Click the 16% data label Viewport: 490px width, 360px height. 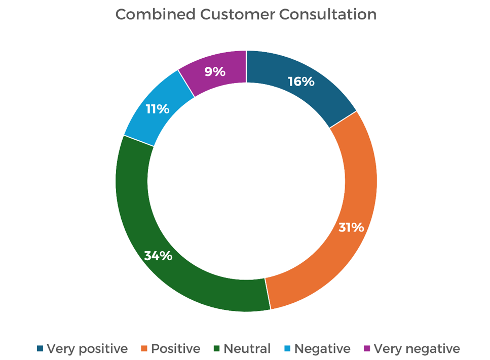pos(301,81)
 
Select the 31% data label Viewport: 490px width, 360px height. pos(351,227)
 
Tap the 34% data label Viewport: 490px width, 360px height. pos(158,256)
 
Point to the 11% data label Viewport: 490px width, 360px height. pos(158,109)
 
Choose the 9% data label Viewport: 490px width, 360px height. pos(215,72)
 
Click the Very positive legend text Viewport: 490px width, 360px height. pos(87,349)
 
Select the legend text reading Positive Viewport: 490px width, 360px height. pos(176,349)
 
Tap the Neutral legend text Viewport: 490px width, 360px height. pos(247,349)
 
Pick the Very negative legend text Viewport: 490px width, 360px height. pos(417,349)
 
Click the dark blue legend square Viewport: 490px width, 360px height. pos(40,349)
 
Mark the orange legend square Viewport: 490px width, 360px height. pos(144,349)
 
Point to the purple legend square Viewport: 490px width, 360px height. pos(367,349)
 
